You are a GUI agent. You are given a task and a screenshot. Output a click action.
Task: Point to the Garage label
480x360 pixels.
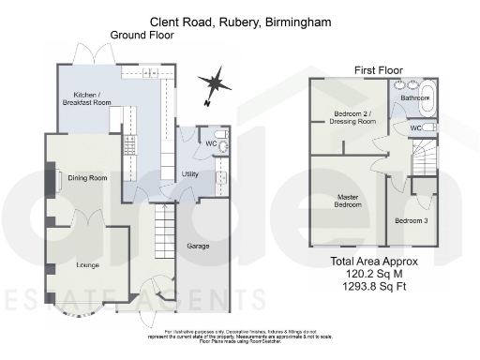(x=197, y=246)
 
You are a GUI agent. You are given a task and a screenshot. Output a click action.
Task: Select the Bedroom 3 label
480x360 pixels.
(x=412, y=219)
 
